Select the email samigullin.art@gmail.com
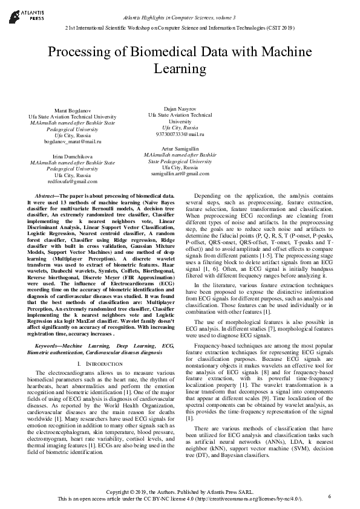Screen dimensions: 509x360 tap(180, 173)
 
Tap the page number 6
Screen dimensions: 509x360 tap(330, 496)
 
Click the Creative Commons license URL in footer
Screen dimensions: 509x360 tap(249, 499)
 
